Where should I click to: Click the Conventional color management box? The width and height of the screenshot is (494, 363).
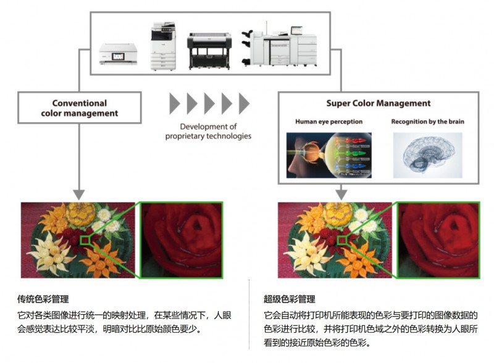click(79, 108)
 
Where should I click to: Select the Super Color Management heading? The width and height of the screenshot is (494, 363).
click(379, 103)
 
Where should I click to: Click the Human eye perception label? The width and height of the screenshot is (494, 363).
click(329, 122)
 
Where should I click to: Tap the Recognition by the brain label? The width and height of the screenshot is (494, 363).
click(427, 122)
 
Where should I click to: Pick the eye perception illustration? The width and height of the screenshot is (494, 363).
click(329, 155)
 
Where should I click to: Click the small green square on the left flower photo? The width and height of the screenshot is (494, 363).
click(85, 240)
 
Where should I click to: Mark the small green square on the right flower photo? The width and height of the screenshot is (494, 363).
click(341, 240)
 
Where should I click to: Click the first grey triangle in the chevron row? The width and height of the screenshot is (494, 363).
click(174, 103)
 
